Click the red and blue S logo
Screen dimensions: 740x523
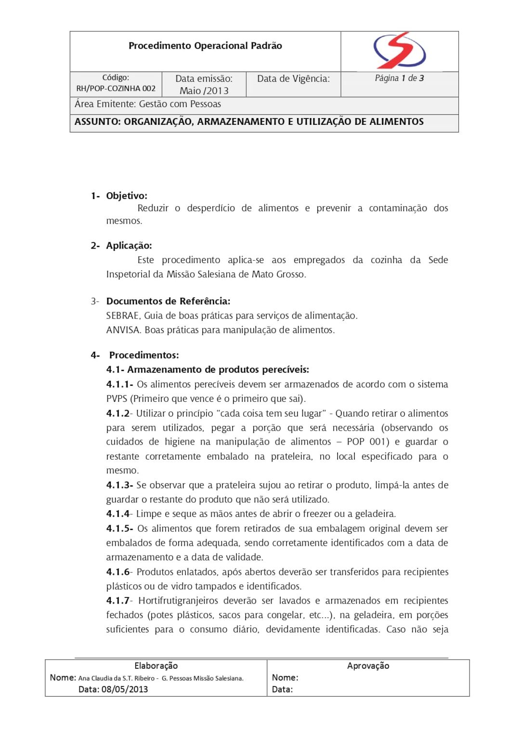tap(399, 51)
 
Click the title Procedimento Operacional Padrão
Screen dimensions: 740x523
tap(205, 46)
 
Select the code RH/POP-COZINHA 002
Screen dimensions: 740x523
tap(116, 89)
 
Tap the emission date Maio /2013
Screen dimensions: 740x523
tap(204, 91)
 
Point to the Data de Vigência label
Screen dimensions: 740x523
tap(293, 79)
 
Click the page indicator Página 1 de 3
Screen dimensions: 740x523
tap(399, 78)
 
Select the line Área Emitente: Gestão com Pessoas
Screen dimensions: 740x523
tap(148, 104)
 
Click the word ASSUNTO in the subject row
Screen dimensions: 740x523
tap(97, 122)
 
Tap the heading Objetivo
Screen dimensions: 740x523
tap(127, 196)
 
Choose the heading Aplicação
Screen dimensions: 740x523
tap(129, 246)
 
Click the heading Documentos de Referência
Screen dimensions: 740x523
tap(168, 301)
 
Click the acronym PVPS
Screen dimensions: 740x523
tap(117, 399)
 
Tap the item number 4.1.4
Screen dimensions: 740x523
tap(118, 514)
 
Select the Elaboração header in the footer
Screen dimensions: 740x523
tap(156, 666)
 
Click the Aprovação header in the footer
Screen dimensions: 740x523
tap(368, 666)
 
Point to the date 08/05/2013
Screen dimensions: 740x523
tap(125, 689)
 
